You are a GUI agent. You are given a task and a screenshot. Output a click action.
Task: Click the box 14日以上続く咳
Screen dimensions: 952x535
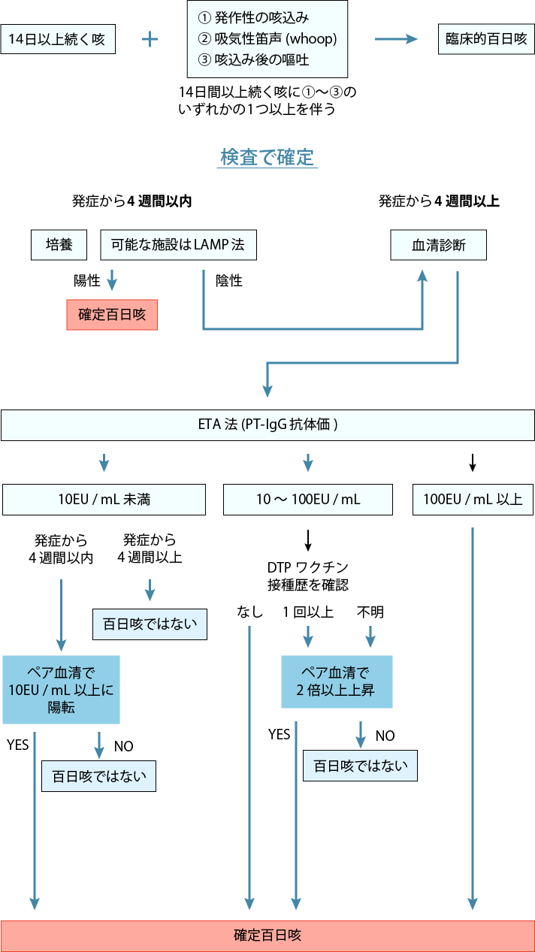pyautogui.click(x=58, y=39)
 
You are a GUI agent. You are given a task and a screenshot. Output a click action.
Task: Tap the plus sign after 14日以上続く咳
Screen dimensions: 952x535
pyautogui.click(x=150, y=39)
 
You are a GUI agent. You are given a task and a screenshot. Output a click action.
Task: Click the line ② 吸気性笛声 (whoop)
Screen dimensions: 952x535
pyautogui.click(x=267, y=38)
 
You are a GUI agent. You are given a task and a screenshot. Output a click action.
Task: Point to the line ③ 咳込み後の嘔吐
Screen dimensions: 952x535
pyautogui.click(x=253, y=59)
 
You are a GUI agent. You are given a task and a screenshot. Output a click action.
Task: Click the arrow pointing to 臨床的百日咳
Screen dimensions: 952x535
pyautogui.click(x=395, y=39)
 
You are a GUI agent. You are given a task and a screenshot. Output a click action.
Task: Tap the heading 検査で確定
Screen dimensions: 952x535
pyautogui.click(x=267, y=157)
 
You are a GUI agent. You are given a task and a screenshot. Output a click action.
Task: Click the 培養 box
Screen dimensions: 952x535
pyautogui.click(x=59, y=245)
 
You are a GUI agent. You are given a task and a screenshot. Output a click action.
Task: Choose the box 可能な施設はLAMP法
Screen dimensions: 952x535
pyautogui.click(x=178, y=245)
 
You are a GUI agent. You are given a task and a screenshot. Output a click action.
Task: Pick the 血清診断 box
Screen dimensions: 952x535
pyautogui.click(x=438, y=245)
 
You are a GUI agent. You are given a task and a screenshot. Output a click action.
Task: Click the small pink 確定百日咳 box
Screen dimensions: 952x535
pyautogui.click(x=112, y=315)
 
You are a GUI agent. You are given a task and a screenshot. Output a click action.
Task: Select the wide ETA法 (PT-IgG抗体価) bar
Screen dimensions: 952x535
pyautogui.click(x=267, y=425)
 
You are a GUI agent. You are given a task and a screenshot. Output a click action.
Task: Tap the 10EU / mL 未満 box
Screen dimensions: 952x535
pyautogui.click(x=104, y=500)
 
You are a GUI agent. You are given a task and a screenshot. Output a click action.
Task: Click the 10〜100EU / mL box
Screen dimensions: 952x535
pyautogui.click(x=308, y=500)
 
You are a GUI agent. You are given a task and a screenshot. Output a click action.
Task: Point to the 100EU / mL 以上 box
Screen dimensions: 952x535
pyautogui.click(x=473, y=500)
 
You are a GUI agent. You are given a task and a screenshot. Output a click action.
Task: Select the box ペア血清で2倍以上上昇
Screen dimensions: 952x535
pyautogui.click(x=337, y=681)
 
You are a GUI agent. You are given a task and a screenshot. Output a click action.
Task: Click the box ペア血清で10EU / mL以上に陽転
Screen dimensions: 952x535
pyautogui.click(x=61, y=689)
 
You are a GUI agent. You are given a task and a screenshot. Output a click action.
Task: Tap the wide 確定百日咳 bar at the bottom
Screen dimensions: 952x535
pyautogui.click(x=267, y=935)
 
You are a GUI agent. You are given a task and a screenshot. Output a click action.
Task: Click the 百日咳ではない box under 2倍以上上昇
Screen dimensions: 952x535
pyautogui.click(x=361, y=766)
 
